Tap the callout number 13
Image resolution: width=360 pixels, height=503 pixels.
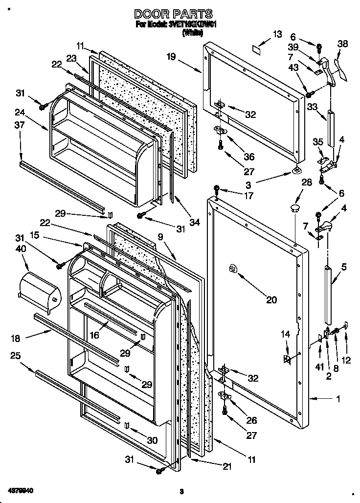pyautogui.click(x=277, y=34)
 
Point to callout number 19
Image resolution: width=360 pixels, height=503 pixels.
pyautogui.click(x=170, y=56)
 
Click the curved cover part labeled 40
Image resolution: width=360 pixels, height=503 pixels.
pyautogui.click(x=39, y=292)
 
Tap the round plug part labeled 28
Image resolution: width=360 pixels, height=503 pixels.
pyautogui.click(x=294, y=209)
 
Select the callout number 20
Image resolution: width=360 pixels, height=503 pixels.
pyautogui.click(x=270, y=300)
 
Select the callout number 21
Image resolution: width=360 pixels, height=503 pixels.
pyautogui.click(x=226, y=466)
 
